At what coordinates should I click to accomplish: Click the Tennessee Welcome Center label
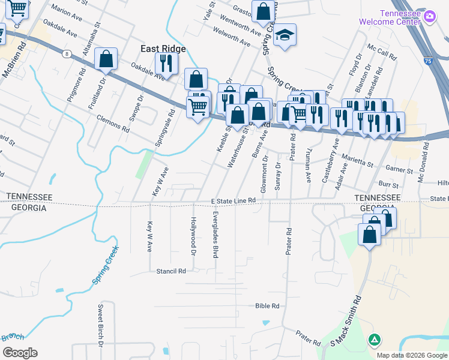click(x=390, y=17)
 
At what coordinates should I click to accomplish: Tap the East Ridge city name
click(x=163, y=49)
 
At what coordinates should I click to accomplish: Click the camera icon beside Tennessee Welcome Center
click(x=429, y=17)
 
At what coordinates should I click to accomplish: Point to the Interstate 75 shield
click(x=427, y=61)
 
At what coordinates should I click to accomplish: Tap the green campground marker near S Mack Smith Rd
click(x=375, y=341)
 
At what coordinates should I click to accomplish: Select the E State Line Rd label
click(x=234, y=201)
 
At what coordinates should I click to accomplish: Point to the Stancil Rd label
click(x=171, y=271)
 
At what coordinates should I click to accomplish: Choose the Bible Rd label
click(x=267, y=306)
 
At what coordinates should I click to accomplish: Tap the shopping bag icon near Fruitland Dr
click(x=106, y=59)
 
